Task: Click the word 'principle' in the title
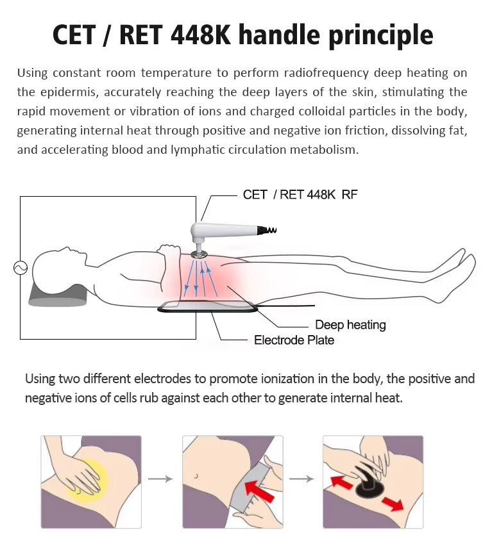coord(380,35)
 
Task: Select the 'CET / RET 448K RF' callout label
coord(300,195)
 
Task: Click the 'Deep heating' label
coord(350,325)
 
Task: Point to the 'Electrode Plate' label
coord(294,340)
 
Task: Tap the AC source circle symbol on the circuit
coord(21,268)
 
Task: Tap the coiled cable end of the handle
coord(270,229)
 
